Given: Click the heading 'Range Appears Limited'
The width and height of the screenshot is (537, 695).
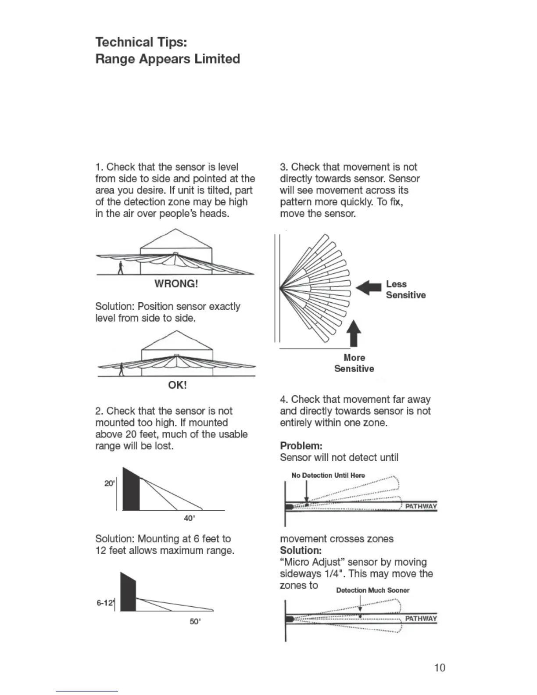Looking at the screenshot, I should coord(168,59).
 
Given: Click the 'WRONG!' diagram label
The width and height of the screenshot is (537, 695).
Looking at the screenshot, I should coord(176,284).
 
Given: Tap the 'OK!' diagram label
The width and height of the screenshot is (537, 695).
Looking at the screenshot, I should coord(177,385).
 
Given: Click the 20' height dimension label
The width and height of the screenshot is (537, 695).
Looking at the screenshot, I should coord(109,484).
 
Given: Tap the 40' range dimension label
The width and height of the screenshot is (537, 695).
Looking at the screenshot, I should coord(189,518).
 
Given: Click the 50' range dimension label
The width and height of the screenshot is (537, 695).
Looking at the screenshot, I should coord(195,622).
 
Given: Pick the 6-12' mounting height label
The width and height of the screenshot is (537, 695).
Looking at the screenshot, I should coord(104,603).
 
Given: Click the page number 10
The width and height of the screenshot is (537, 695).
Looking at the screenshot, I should coord(440,667).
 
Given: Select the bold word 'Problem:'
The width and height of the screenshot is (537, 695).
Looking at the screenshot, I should coord(301,446).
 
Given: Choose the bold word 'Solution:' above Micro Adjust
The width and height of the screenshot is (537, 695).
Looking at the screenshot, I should coord(301,550).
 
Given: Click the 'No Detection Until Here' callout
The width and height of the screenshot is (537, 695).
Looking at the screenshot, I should coord(328,475).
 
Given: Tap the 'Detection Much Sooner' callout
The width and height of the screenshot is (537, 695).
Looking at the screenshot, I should coord(372,590).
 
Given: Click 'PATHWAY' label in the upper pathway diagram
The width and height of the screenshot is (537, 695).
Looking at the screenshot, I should coord(421,506).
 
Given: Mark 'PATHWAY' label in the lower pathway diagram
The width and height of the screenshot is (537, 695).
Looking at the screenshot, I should coord(421,619).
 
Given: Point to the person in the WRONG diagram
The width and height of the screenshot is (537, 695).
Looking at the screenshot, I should coord(121,267).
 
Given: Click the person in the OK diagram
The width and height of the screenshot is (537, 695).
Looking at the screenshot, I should coord(122,369).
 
